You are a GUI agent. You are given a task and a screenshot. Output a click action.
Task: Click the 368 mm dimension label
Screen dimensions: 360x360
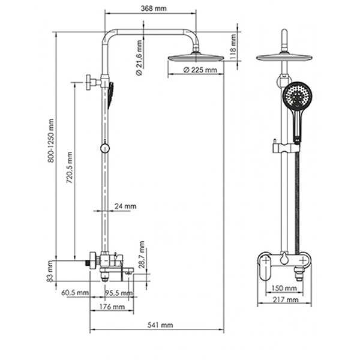click(154, 8)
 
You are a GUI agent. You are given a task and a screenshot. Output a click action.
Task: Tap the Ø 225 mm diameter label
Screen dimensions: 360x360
click(200, 70)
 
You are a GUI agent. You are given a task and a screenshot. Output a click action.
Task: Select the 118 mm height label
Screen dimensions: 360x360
click(233, 47)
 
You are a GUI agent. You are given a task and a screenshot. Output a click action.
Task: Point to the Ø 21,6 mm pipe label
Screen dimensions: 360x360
click(139, 58)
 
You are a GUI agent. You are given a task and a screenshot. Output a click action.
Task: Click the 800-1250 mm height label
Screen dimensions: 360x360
click(51, 140)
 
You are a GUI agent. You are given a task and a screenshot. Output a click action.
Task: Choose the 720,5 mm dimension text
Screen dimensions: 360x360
click(69, 167)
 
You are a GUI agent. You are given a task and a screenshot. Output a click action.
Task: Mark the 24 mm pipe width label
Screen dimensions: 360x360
click(125, 206)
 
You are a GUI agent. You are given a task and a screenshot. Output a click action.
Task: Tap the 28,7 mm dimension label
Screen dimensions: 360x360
click(142, 254)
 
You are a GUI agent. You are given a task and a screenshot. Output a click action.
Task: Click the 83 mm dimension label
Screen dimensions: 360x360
click(50, 271)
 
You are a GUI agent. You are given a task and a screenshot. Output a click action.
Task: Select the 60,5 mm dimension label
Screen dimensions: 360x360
click(75, 293)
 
